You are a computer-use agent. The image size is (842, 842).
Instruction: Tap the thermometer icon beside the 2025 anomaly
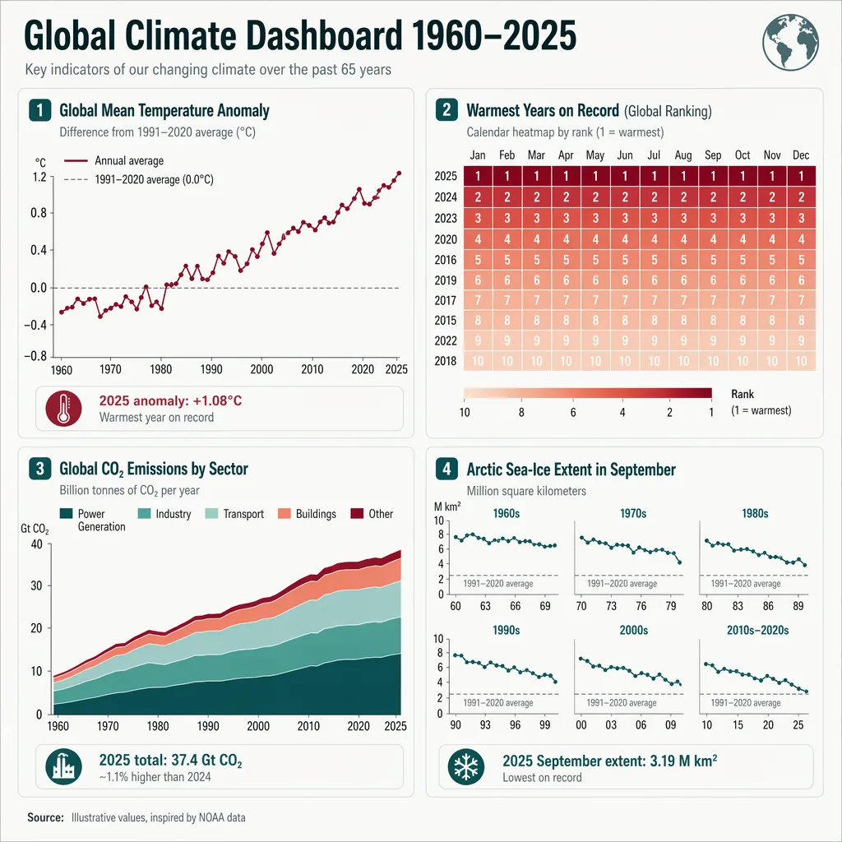pyautogui.click(x=63, y=408)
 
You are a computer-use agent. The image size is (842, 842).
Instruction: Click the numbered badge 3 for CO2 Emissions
pyautogui.click(x=39, y=470)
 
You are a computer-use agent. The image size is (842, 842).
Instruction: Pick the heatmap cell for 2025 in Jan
pyautogui.click(x=478, y=176)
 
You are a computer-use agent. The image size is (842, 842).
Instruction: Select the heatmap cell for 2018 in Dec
pyautogui.click(x=800, y=360)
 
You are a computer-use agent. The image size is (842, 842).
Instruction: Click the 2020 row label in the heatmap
pyautogui.click(x=446, y=238)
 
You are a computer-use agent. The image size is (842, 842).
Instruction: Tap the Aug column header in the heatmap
pyautogui.click(x=682, y=155)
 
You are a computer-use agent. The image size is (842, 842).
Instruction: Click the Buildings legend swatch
pyautogui.click(x=284, y=514)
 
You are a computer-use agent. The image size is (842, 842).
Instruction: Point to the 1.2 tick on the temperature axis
pyautogui.click(x=39, y=177)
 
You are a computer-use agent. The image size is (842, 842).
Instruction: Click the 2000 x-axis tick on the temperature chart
pyautogui.click(x=261, y=370)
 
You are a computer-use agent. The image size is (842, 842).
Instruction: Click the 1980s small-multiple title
pyautogui.click(x=753, y=513)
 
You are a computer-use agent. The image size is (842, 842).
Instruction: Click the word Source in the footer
pyautogui.click(x=45, y=817)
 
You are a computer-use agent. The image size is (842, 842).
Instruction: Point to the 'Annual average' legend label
pyautogui.click(x=129, y=161)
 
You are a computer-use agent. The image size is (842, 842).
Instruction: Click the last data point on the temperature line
pyautogui.click(x=399, y=173)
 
